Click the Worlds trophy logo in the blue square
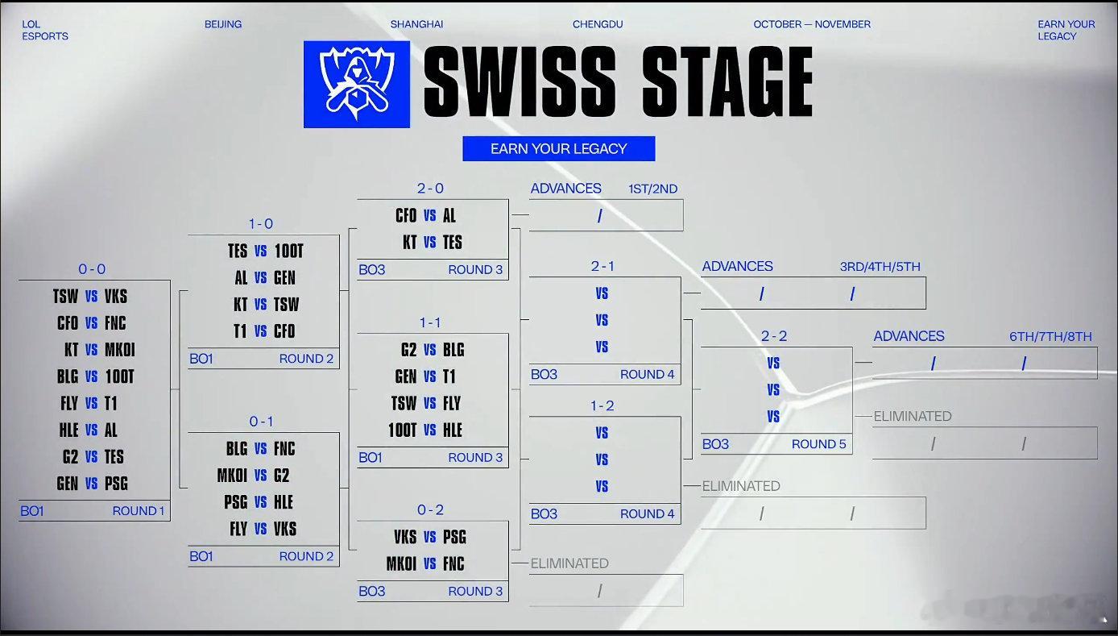point(356,84)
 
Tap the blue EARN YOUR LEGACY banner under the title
point(558,148)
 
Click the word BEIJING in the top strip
point(223,24)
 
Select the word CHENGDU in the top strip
point(597,24)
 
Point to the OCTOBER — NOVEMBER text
point(811,24)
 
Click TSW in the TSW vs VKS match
point(65,297)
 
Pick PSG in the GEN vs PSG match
point(116,484)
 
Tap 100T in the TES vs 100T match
point(288,251)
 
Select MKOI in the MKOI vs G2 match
point(232,476)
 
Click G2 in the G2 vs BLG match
point(408,350)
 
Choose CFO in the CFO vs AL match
point(406,215)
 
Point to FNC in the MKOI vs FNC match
point(453,563)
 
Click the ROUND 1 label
point(139,511)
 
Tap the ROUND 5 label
point(818,444)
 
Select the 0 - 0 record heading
point(92,269)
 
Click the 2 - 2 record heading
point(774,336)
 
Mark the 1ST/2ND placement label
point(652,189)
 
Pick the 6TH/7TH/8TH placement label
point(1050,337)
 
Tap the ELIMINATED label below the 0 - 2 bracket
point(569,563)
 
